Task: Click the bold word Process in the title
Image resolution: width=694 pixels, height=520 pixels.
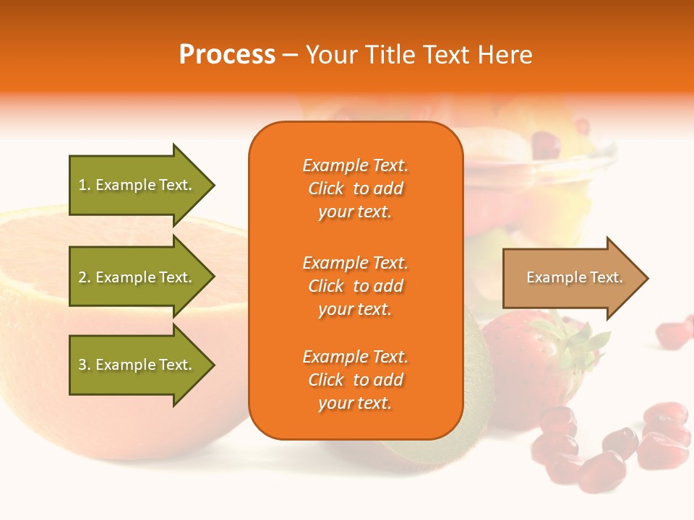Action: [x=227, y=55]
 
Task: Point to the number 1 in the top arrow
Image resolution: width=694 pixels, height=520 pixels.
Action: [x=82, y=185]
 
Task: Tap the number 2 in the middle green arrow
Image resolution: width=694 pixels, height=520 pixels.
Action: [x=82, y=277]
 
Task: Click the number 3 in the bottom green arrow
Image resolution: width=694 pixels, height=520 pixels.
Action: [x=82, y=365]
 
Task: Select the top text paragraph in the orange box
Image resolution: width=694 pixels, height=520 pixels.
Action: [x=355, y=188]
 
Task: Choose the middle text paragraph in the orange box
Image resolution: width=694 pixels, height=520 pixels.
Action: [x=355, y=286]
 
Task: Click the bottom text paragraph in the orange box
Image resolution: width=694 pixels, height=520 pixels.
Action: [x=355, y=380]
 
